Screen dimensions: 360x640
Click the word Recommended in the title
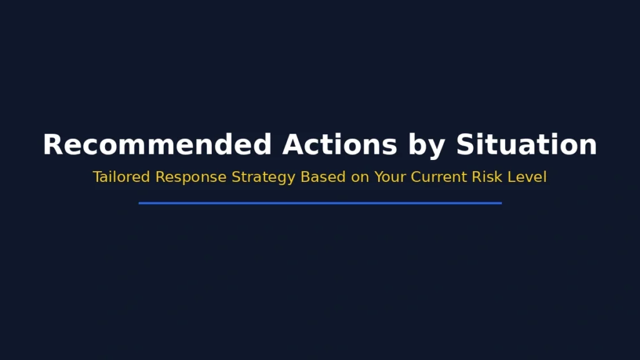click(157, 145)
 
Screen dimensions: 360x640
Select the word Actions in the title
click(339, 145)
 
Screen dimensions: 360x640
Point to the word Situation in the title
click(526, 145)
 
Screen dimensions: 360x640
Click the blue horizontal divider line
click(320, 202)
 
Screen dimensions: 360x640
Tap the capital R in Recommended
click(52, 145)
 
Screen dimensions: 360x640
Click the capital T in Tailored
click(97, 177)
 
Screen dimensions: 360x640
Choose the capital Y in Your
click(379, 177)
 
